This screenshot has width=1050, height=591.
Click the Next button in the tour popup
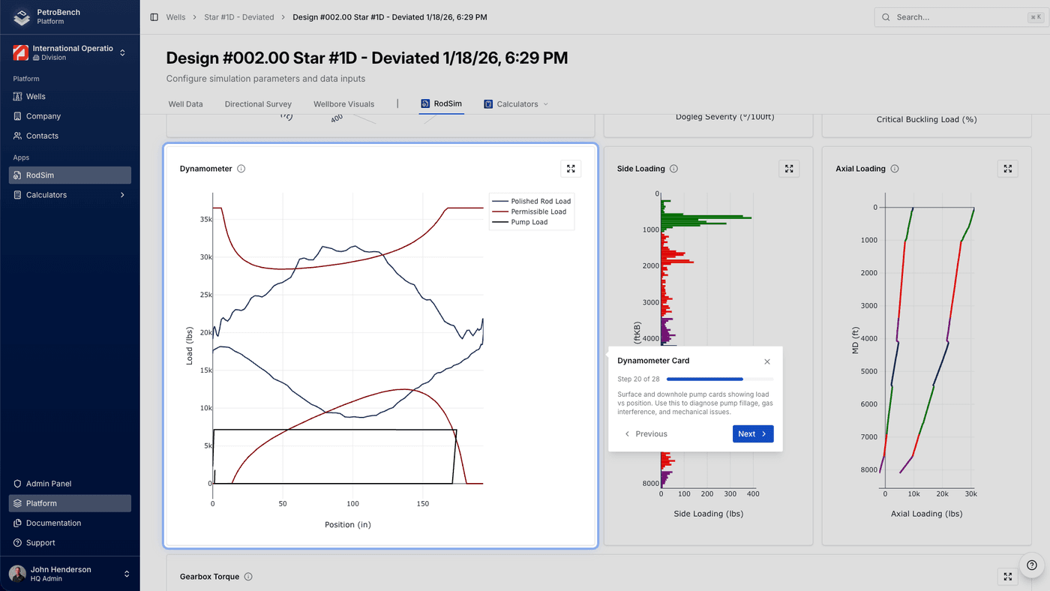click(752, 433)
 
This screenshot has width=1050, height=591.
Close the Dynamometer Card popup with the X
click(766, 361)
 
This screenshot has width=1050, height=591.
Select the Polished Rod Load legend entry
click(540, 201)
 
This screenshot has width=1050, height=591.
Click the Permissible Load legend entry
click(538, 211)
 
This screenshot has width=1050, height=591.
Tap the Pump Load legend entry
click(529, 222)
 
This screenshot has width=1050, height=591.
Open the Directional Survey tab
click(258, 104)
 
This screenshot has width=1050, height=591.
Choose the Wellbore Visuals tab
click(343, 104)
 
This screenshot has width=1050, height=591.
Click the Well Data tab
click(185, 104)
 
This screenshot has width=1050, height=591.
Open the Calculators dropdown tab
click(517, 104)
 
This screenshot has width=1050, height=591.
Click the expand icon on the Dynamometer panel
click(571, 169)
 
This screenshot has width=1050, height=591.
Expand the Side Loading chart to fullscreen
click(789, 169)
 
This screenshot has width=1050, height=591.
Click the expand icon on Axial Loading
click(1007, 169)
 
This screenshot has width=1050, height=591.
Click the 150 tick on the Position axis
click(422, 504)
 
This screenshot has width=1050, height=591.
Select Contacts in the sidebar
click(42, 136)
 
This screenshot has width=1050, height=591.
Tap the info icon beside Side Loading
click(673, 169)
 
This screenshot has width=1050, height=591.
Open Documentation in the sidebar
click(53, 523)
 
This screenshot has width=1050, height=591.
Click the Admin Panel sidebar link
click(49, 484)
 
